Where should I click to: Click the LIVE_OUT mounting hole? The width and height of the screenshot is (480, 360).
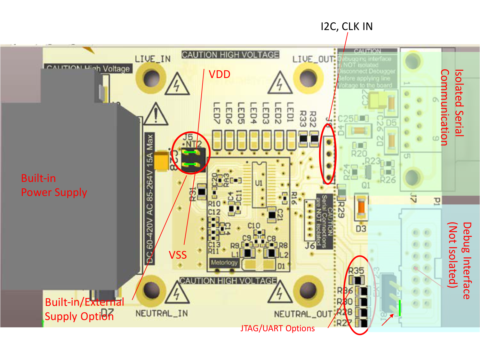[x=308, y=78]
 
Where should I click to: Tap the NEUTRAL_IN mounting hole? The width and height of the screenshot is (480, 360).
[x=151, y=290]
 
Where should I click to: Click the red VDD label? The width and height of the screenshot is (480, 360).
[x=220, y=74]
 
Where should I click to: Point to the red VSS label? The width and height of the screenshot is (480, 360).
[x=178, y=255]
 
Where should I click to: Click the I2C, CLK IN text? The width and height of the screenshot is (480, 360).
[x=347, y=27]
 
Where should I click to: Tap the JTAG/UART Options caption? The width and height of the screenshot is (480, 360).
[x=277, y=328]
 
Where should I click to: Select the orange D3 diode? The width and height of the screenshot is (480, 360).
[x=361, y=208]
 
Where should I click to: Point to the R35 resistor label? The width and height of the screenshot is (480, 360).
[x=356, y=271]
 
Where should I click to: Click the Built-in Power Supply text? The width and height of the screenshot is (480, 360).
[x=54, y=185]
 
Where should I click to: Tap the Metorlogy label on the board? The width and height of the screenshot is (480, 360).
[x=224, y=262]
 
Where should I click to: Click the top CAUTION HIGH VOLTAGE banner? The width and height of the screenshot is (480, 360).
[x=230, y=55]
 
